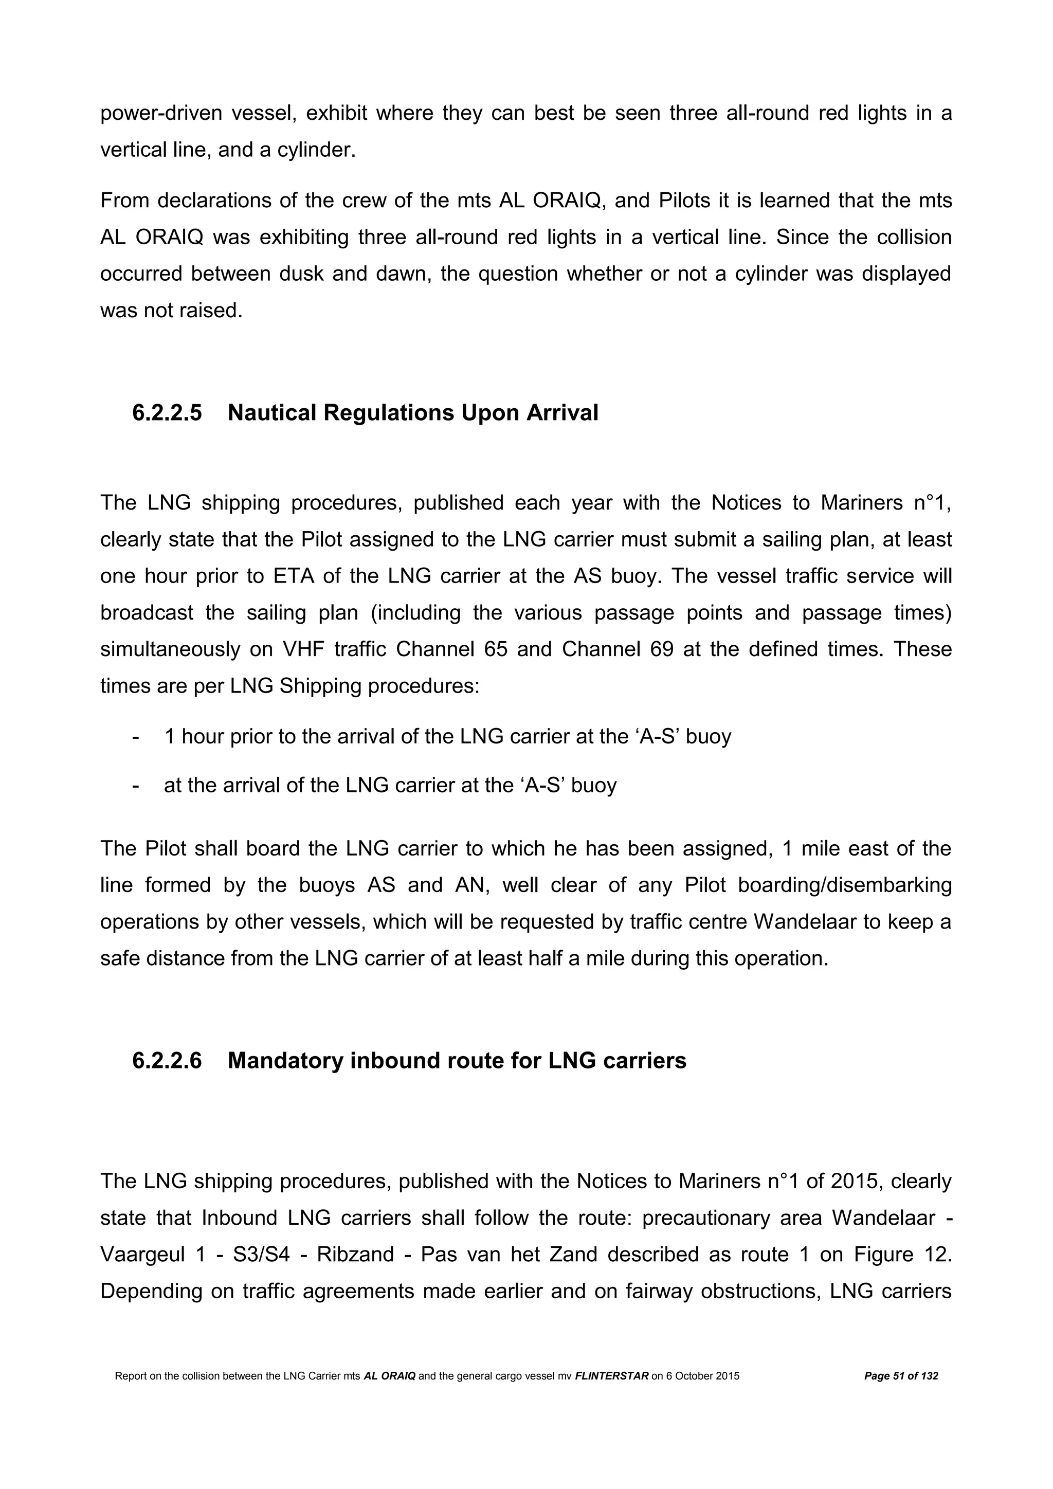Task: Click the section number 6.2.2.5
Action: tap(167, 413)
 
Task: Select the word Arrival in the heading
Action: tap(562, 413)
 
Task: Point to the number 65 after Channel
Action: tap(496, 650)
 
